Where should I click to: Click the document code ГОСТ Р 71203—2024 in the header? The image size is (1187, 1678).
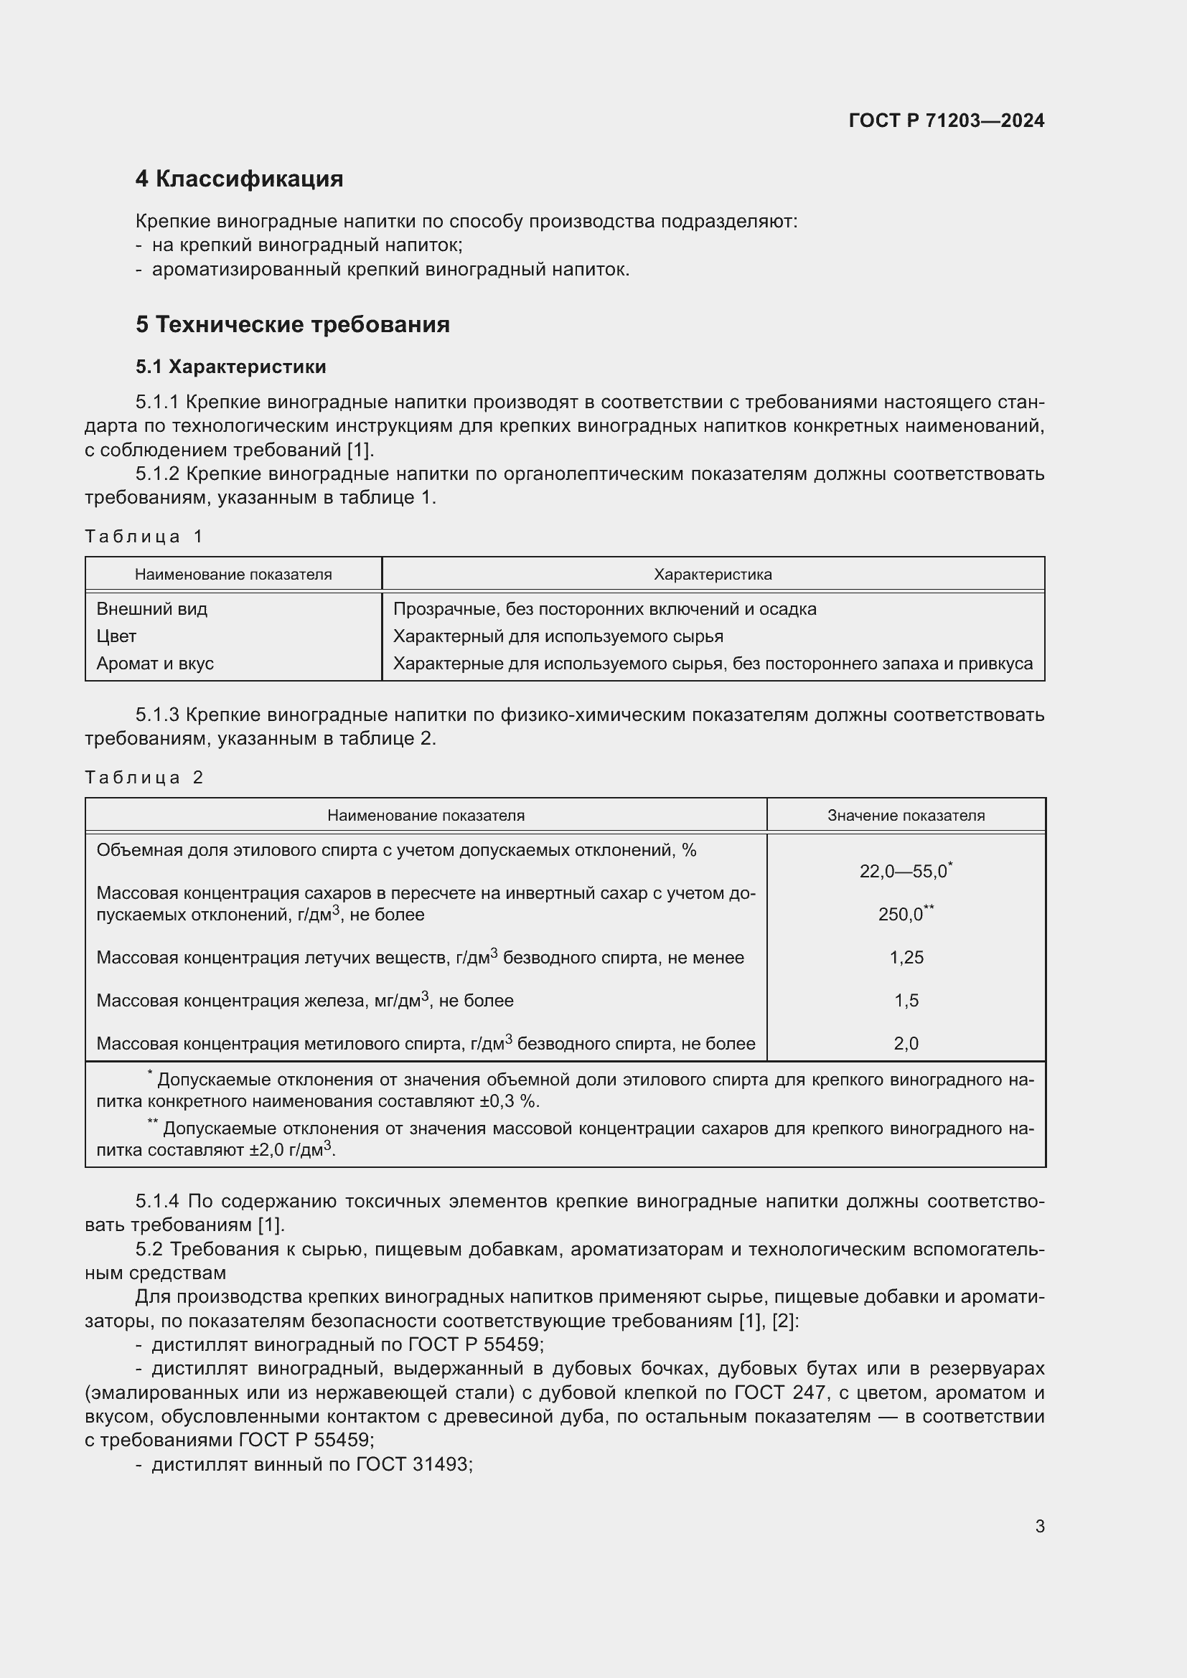coord(946,121)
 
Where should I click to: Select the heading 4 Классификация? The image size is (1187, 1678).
coord(239,179)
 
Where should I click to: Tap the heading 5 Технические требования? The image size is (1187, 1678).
coord(292,324)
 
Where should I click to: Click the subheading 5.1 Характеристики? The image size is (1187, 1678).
coord(230,366)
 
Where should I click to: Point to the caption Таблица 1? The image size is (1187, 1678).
coord(144,537)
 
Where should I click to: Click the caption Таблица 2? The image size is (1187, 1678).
coord(144,777)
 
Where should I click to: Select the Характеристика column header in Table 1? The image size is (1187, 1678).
coord(712,575)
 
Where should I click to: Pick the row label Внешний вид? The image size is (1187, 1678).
coord(152,609)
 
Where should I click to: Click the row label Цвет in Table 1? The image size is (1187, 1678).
coord(116,636)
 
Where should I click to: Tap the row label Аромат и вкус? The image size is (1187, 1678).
coord(155,664)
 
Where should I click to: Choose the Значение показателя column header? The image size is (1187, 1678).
coord(905,816)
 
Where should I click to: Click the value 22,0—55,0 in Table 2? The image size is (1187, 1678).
coord(904,871)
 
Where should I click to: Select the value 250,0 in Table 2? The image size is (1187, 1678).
coord(901,914)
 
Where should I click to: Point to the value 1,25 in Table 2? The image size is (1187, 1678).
coord(906,958)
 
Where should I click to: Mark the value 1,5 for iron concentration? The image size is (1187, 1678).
coord(906,1001)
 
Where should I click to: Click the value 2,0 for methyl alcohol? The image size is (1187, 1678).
coord(906,1044)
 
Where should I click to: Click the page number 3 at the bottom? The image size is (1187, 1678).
coord(1039,1526)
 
